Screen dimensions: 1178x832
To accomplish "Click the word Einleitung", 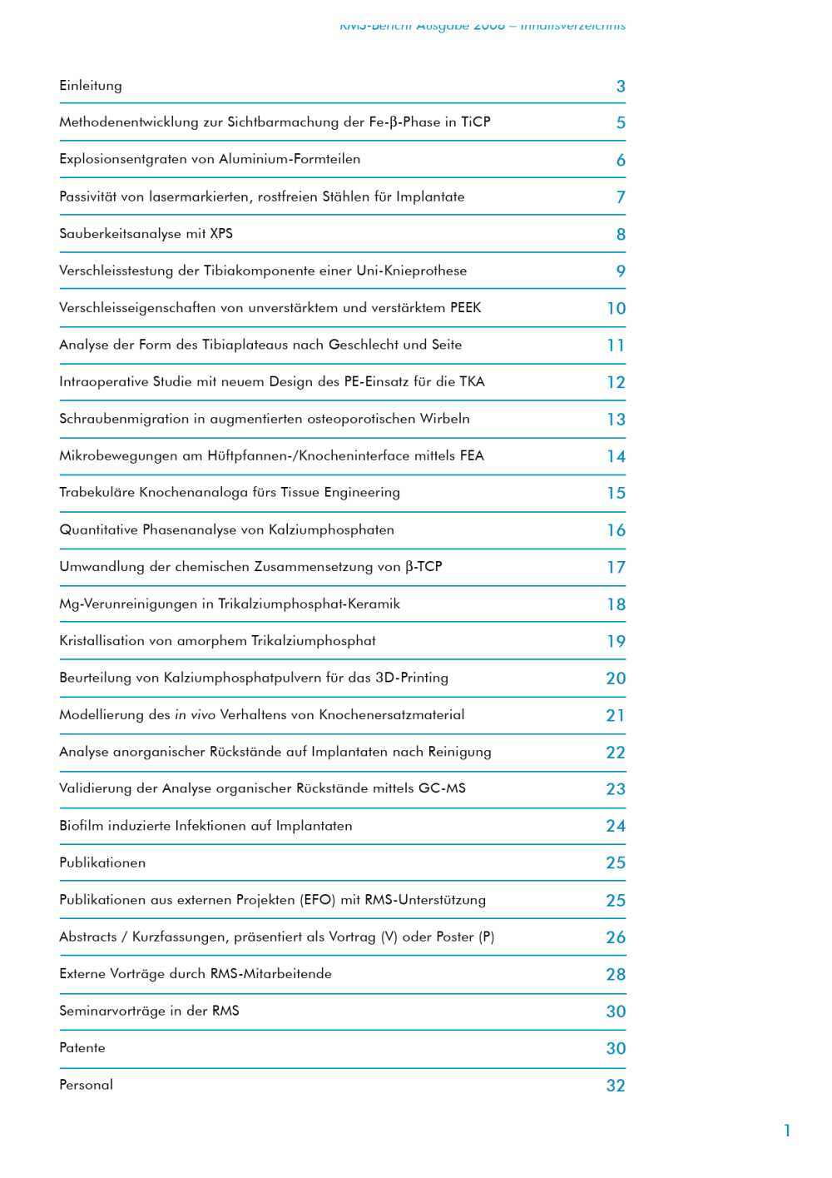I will tap(91, 86).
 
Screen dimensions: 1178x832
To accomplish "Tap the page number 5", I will tap(621, 123).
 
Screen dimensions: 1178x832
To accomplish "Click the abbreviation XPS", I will tap(221, 233).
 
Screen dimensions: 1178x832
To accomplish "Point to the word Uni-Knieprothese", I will tap(411, 271).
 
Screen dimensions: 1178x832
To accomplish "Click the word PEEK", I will tap(465, 308).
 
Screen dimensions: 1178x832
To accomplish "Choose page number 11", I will tap(616, 345).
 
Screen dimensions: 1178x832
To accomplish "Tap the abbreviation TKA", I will tap(472, 381).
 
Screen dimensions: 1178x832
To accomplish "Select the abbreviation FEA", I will tap(472, 455).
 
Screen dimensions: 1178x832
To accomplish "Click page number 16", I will tap(616, 530).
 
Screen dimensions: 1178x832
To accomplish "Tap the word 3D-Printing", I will tap(412, 678).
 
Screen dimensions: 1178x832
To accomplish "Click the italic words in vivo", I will tap(195, 714).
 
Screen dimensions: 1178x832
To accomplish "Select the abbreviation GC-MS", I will tap(442, 788).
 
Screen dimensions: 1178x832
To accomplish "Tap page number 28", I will tap(616, 975).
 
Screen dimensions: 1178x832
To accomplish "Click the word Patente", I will tap(82, 1048).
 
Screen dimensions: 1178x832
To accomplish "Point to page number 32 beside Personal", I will tap(616, 1086).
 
